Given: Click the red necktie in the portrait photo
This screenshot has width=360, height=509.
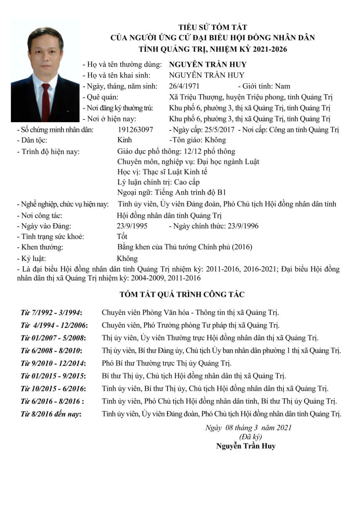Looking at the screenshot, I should pos(46,102).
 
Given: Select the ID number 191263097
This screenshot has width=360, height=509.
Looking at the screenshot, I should pos(135,130).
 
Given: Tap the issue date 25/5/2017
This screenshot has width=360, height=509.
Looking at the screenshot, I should pos(220,130).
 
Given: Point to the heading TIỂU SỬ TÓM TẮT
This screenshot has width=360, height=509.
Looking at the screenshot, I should pos(213,27).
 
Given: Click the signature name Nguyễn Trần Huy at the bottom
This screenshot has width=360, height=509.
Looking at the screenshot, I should pos(246,446).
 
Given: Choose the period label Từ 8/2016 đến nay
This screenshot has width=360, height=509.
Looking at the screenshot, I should pos(51,413).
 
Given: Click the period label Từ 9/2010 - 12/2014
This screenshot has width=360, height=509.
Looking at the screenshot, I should pos(53,363).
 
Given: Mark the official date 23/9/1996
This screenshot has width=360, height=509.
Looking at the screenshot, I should pos(244,226).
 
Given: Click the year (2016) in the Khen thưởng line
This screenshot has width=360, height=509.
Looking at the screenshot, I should pos(242,247).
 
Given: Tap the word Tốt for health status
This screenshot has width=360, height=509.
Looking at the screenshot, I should pos(122,236).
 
